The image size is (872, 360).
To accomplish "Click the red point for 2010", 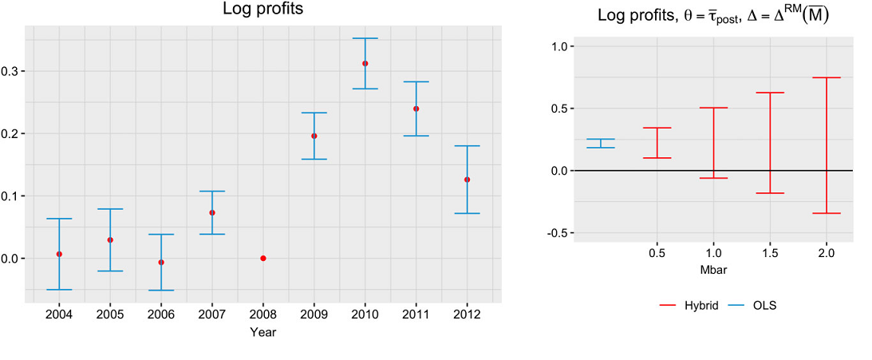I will pos(365,63).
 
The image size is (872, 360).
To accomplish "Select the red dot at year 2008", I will pos(263,258).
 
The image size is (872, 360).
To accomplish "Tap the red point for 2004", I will pos(59,254).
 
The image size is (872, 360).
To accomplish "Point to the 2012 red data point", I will pos(467,180).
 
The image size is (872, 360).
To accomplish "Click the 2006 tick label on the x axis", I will pos(161,314).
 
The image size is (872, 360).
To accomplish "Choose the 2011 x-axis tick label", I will pos(416,314).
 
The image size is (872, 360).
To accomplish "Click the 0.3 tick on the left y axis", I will pos(11,71).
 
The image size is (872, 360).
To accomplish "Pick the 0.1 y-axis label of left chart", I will pos(11,196).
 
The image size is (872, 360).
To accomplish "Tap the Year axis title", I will pos(262,331).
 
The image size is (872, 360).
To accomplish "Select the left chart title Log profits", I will pos(262,10).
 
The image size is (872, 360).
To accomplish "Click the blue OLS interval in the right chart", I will pos(601,144).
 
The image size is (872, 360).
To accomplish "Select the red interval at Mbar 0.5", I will pos(657,143).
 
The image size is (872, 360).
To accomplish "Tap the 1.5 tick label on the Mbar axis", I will pos(770,253).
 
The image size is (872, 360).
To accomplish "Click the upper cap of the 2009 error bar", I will pos(314,113).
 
